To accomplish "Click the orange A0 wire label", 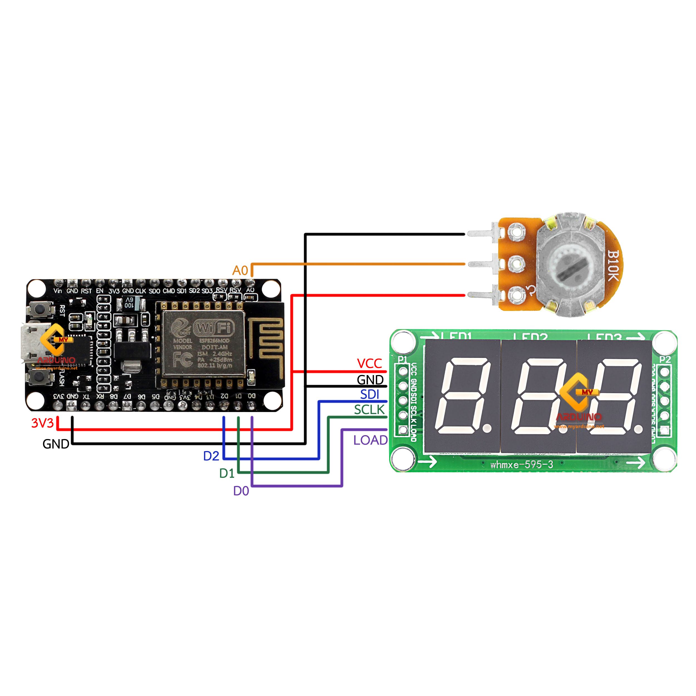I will pos(240,271).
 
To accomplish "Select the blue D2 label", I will pos(211,456).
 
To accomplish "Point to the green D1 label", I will pos(227,473).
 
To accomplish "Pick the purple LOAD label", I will pos(370,440).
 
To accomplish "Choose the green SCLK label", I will pos(369,410).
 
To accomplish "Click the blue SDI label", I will pos(370,394).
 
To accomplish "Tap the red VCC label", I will pos(369,364).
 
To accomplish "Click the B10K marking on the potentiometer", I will pos(613,266).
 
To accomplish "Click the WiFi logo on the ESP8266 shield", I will pos(214,328).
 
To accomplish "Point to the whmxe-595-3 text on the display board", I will pos(521,465).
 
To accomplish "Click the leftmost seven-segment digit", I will pos(462,396).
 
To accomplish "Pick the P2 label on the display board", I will pos(665,359).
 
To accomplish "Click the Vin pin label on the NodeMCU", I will pos(58,291).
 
